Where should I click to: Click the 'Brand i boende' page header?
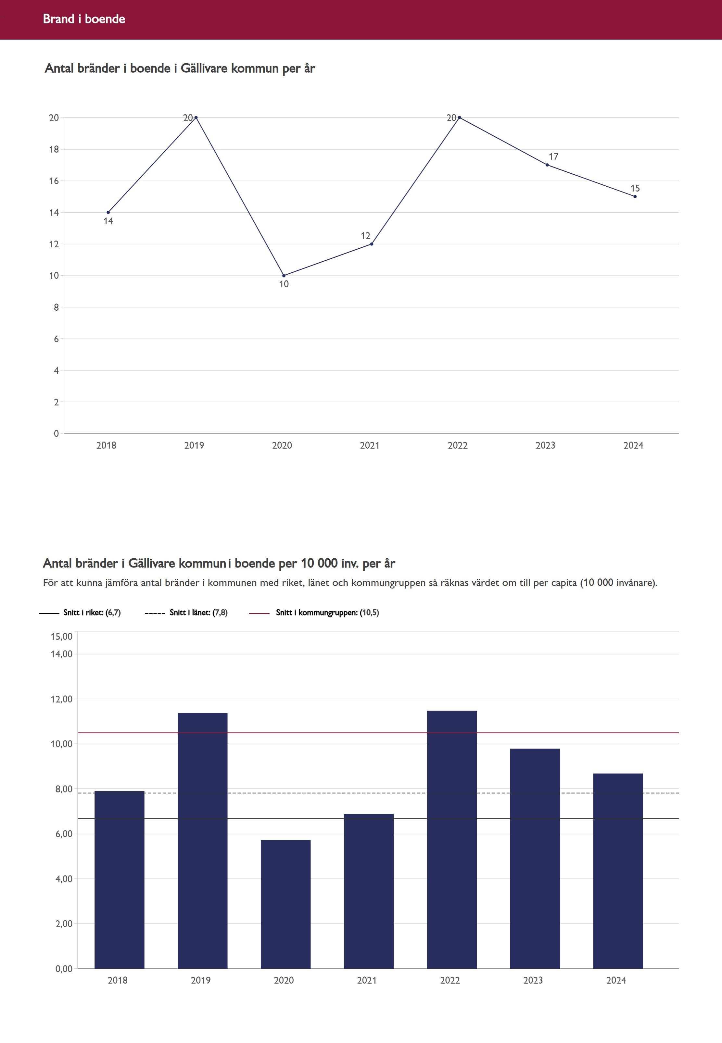pyautogui.click(x=84, y=19)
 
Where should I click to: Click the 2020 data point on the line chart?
pyautogui.click(x=284, y=275)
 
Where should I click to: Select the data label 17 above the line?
pyautogui.click(x=553, y=156)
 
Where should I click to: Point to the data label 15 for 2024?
pyautogui.click(x=635, y=188)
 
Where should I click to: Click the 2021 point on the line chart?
pyautogui.click(x=372, y=244)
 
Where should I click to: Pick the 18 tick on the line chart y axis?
pyautogui.click(x=54, y=149)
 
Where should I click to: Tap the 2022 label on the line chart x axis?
pyautogui.click(x=457, y=445)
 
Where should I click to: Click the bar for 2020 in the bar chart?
pyautogui.click(x=285, y=904)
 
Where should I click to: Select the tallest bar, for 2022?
pyautogui.click(x=451, y=841)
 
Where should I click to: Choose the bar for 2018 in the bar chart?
pyautogui.click(x=120, y=882)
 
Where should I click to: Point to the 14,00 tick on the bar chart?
pyautogui.click(x=61, y=654)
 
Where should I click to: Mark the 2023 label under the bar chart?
pyautogui.click(x=533, y=980)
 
